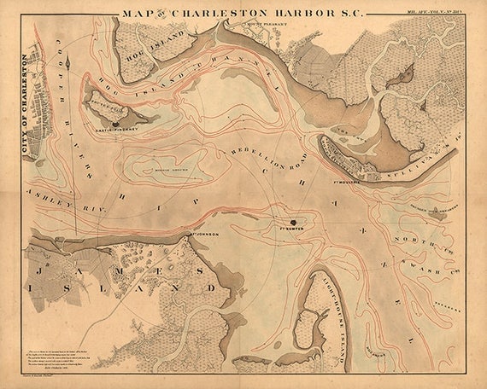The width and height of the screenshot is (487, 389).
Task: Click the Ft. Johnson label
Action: tap(203, 232)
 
